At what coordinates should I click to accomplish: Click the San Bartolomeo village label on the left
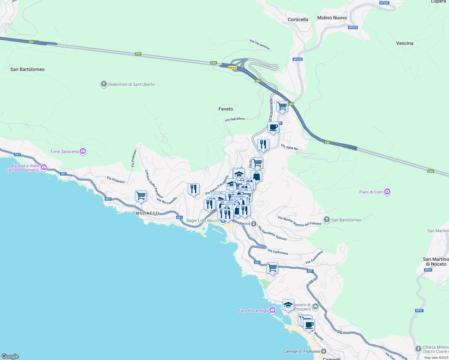pyautogui.click(x=27, y=69)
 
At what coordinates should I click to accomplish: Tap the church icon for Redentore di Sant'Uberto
pyautogui.click(x=104, y=84)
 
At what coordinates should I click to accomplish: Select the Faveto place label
pyautogui.click(x=226, y=109)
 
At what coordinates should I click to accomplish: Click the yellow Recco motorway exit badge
pyautogui.click(x=232, y=67)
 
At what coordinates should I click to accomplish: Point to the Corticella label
pyautogui.click(x=298, y=19)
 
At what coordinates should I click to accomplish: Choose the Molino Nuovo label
pyautogui.click(x=332, y=18)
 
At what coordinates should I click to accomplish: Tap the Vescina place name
pyautogui.click(x=405, y=43)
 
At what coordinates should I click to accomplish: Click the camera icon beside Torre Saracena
pyautogui.click(x=83, y=151)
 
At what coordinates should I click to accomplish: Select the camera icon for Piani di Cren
pyautogui.click(x=387, y=192)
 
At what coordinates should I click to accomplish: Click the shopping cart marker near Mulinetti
pyautogui.click(x=141, y=196)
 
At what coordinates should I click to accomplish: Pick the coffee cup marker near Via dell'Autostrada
pyautogui.click(x=273, y=127)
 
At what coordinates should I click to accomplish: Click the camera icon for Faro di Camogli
pyautogui.click(x=273, y=310)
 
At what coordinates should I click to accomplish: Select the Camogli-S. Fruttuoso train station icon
pyautogui.click(x=324, y=351)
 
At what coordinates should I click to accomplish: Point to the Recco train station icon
pyautogui.click(x=254, y=223)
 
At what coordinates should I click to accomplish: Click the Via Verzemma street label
pyautogui.click(x=260, y=44)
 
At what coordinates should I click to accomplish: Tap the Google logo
pyautogui.click(x=10, y=356)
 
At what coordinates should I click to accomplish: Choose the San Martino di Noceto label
pyautogui.click(x=436, y=262)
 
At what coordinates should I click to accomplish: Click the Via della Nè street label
pyautogui.click(x=289, y=147)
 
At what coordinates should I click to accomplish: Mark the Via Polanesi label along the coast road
pyautogui.click(x=116, y=180)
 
